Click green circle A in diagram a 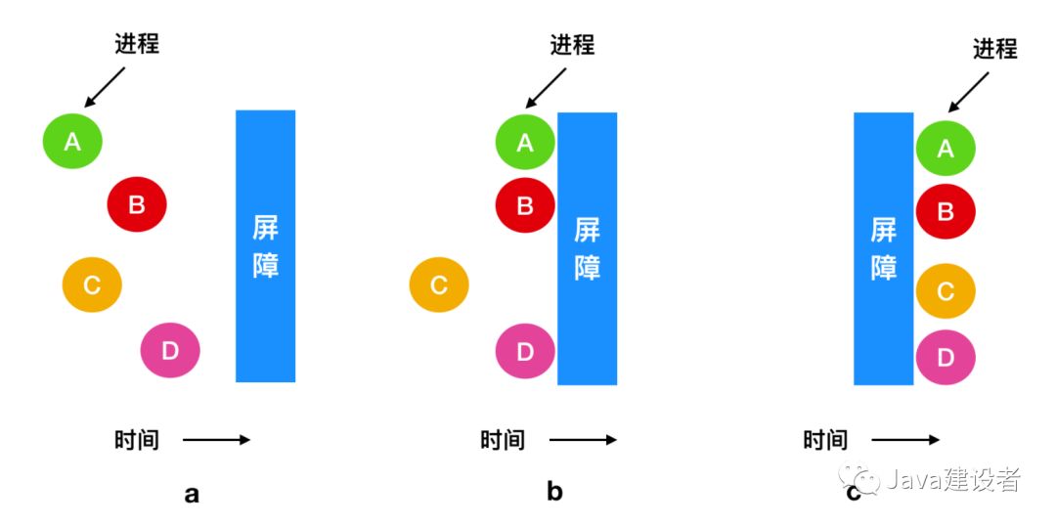coord(72,141)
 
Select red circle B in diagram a coord(137,204)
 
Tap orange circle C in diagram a coord(92,285)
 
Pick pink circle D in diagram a coord(170,350)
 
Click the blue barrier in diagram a coord(265,245)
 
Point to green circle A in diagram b coord(525,143)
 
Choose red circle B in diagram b coord(525,205)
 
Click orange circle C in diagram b coord(439,285)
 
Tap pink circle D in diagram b coord(525,350)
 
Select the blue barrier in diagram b coord(587,248)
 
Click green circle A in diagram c coord(946,149)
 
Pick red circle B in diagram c coord(946,211)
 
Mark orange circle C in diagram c coord(946,290)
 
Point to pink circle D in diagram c coord(946,357)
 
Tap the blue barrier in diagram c coord(883,248)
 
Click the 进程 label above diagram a coord(137,43)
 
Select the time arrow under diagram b coord(583,440)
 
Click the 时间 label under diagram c coord(825,440)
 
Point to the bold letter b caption coord(554,492)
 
